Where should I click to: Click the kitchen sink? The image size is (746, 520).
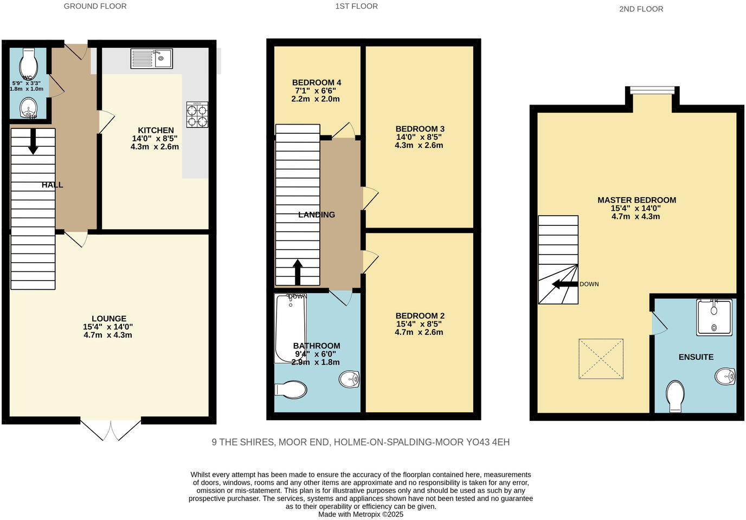[151, 58]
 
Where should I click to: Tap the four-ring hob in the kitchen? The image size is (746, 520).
[197, 115]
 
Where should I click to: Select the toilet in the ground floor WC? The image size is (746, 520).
[27, 63]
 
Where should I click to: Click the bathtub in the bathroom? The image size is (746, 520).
[291, 328]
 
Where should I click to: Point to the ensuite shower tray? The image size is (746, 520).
[714, 317]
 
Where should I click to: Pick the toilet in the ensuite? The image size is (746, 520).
[675, 396]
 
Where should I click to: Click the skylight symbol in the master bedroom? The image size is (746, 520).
[601, 359]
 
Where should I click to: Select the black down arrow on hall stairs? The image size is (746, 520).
[33, 141]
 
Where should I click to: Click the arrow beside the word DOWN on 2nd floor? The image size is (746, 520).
[564, 284]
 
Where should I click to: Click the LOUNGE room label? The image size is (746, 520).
[108, 319]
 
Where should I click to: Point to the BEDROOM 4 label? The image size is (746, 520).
[316, 83]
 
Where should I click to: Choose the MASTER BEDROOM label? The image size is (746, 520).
[636, 200]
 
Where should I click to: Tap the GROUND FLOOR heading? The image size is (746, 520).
[95, 6]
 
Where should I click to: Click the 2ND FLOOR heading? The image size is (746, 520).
[641, 9]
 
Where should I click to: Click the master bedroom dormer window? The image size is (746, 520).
[652, 90]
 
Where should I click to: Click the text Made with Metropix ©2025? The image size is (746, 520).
[361, 515]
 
